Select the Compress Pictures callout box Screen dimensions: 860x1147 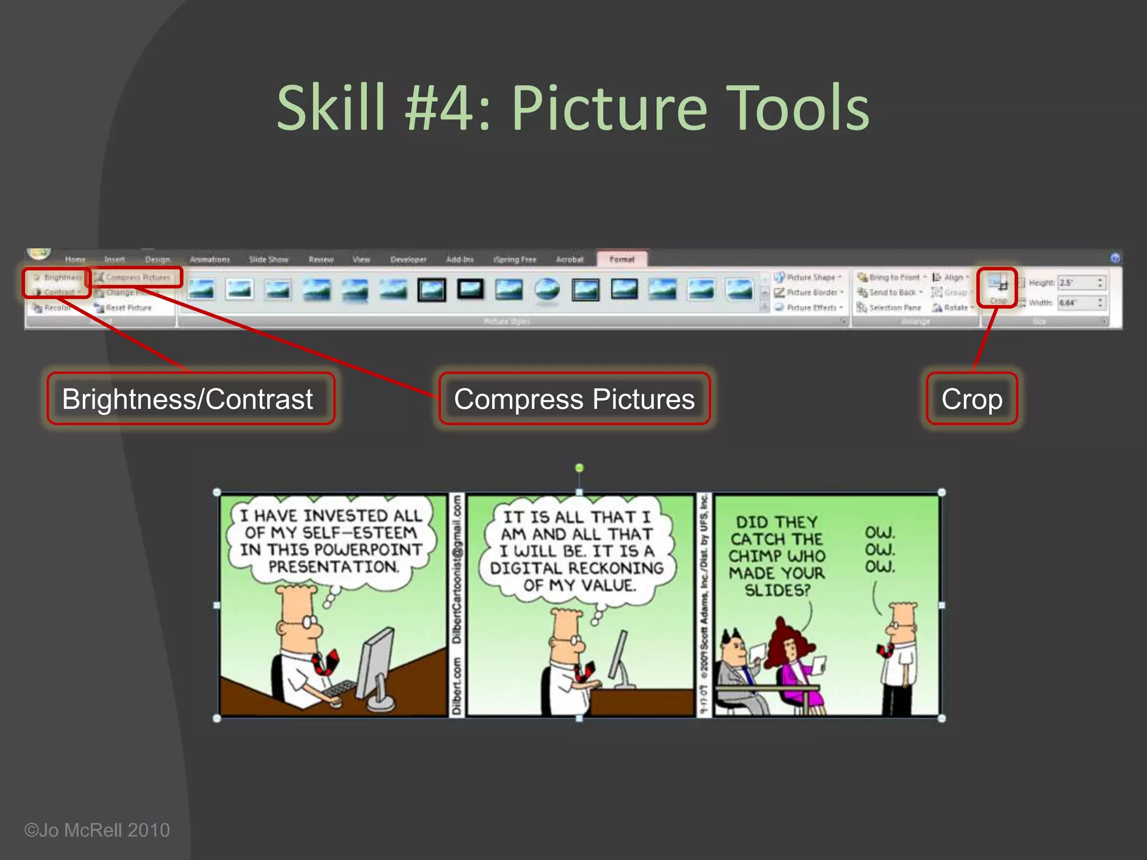[x=574, y=399]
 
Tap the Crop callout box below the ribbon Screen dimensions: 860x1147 [x=972, y=399]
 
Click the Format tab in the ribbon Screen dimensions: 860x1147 [x=622, y=259]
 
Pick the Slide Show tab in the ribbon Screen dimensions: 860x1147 [x=268, y=259]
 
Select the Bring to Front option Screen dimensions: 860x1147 [x=893, y=277]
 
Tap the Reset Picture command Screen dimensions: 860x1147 [x=128, y=307]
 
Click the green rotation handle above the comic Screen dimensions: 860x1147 [x=580, y=468]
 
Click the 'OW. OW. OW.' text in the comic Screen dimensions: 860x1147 [x=880, y=549]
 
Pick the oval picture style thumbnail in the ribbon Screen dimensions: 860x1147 [x=547, y=289]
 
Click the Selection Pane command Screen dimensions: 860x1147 [x=894, y=307]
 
